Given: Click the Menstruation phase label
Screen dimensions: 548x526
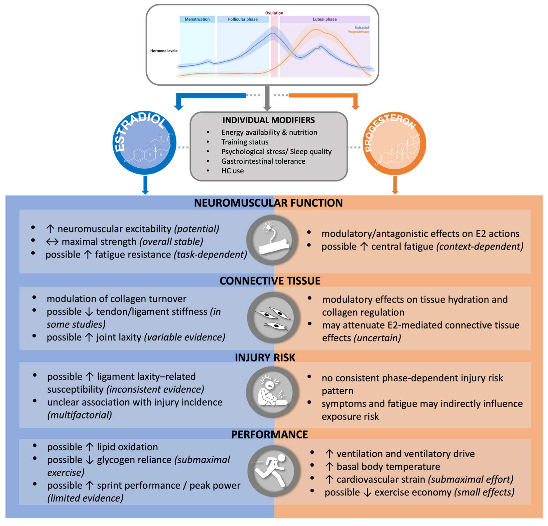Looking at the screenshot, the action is (x=197, y=19).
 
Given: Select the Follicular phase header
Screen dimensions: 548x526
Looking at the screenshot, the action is (x=243, y=19).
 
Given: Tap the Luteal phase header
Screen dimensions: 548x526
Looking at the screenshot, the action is (x=325, y=19).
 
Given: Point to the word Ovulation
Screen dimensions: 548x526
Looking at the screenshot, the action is (x=274, y=13).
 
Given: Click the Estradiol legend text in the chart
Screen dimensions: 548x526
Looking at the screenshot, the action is (x=362, y=27).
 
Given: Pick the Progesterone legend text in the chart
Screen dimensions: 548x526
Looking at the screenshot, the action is (x=358, y=32).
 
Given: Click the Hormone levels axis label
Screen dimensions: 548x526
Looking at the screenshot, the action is (x=164, y=51).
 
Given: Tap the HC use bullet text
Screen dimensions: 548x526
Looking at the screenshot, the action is (x=232, y=171).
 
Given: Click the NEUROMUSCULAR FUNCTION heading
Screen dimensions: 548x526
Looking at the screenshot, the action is (x=268, y=203).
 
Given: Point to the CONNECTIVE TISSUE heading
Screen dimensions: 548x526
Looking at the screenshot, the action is (x=270, y=281).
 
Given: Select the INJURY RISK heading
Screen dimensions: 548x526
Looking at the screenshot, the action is (x=265, y=357).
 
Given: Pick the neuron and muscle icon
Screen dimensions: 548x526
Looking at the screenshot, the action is (x=272, y=240).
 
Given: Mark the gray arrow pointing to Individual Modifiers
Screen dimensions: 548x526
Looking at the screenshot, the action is (x=267, y=98).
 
